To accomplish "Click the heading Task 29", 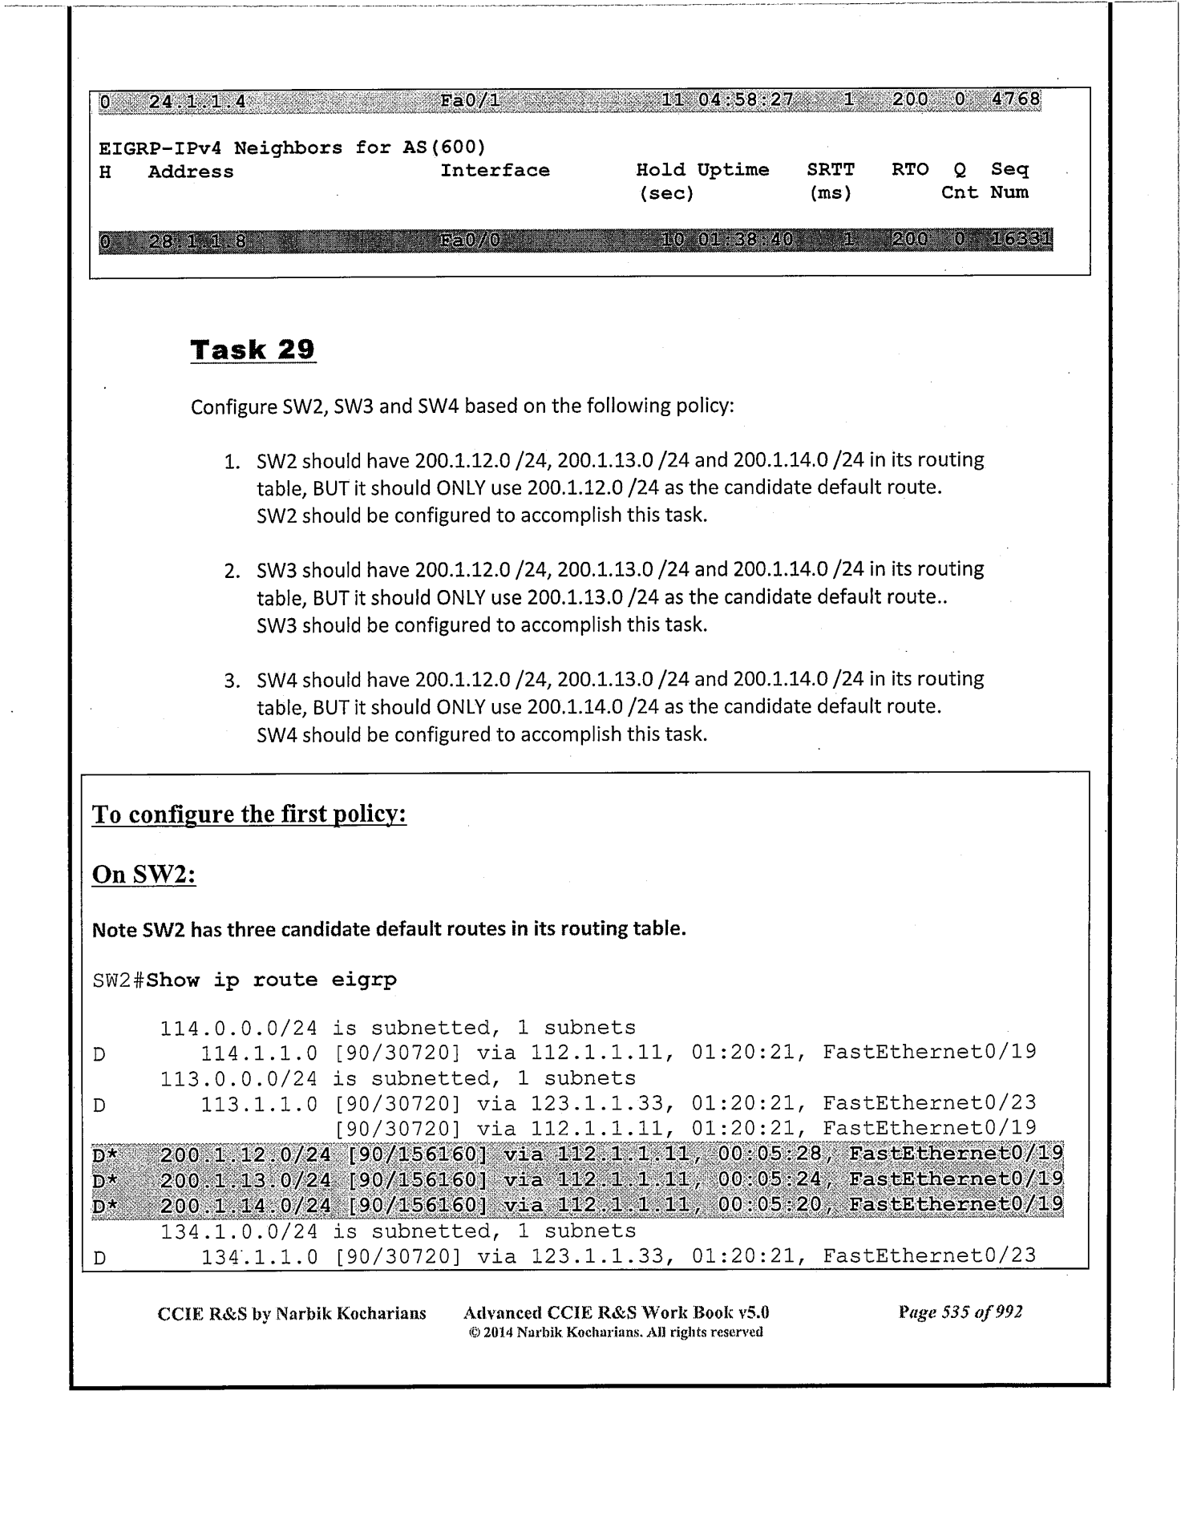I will pyautogui.click(x=253, y=350).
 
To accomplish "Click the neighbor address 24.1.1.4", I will pyautogui.click(x=197, y=101).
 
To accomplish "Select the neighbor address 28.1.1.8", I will pyautogui.click(x=197, y=241).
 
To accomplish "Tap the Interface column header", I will pyautogui.click(x=495, y=170).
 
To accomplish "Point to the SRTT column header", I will pyautogui.click(x=831, y=170).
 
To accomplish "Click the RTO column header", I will pyautogui.click(x=910, y=170).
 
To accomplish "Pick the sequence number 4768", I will pyautogui.click(x=1016, y=100).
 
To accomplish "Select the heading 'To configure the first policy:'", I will pyautogui.click(x=249, y=815).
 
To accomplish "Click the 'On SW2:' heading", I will pyautogui.click(x=144, y=874).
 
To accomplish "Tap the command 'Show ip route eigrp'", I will pyautogui.click(x=272, y=980).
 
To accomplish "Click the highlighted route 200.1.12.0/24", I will pyautogui.click(x=245, y=1154).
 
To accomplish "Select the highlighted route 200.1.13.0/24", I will pyautogui.click(x=245, y=1179).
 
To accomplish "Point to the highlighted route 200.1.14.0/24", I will pyautogui.click(x=245, y=1205).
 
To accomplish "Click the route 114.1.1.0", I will pyautogui.click(x=258, y=1053).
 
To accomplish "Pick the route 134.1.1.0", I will pyautogui.click(x=258, y=1256).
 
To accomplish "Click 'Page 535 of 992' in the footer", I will pyautogui.click(x=961, y=1312).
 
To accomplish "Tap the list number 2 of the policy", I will pyautogui.click(x=233, y=571).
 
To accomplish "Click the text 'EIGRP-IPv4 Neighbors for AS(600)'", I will pyautogui.click(x=292, y=148).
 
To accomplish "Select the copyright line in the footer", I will pyautogui.click(x=615, y=1332).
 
